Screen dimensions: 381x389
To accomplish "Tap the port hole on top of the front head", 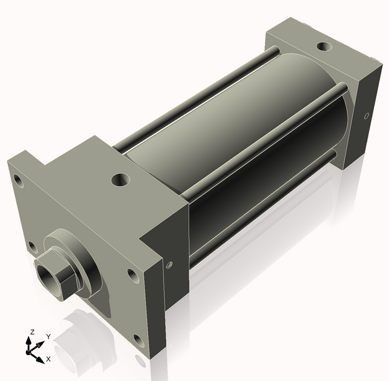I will (120, 179).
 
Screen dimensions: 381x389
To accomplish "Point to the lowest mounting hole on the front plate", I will (138, 338).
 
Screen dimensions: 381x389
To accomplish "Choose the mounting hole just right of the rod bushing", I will (133, 275).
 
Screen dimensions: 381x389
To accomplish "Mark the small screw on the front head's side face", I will (170, 264).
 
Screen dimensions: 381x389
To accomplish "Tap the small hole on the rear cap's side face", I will (367, 116).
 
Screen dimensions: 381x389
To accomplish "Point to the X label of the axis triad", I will (49, 358).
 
